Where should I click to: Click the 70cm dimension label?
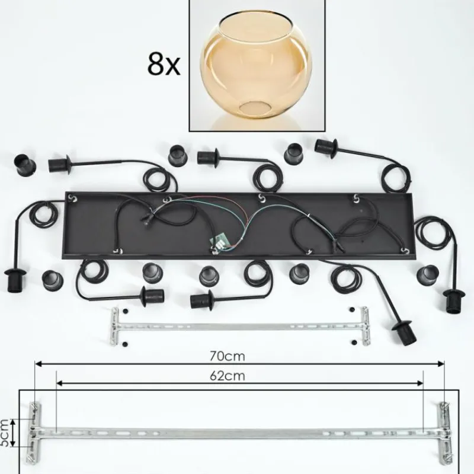point(228,357)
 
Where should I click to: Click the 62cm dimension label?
point(228,376)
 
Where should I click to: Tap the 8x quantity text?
point(164,64)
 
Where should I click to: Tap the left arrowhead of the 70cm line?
point(39,364)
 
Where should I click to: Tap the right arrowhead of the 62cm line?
point(420,383)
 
